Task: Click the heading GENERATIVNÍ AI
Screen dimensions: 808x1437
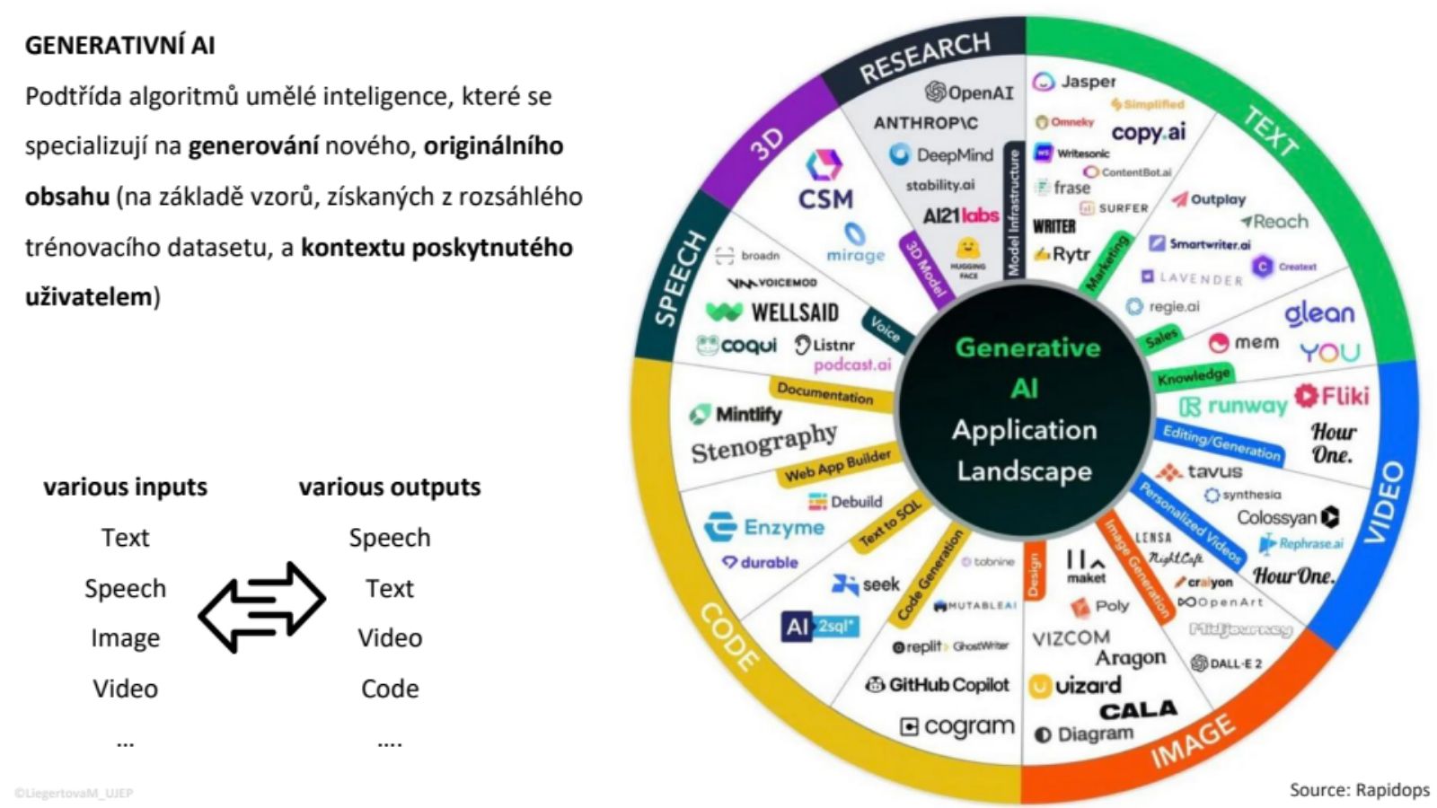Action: coord(119,45)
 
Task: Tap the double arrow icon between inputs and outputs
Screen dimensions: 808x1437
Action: coord(261,606)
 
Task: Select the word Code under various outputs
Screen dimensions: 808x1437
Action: coord(390,689)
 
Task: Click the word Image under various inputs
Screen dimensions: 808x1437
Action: coord(125,638)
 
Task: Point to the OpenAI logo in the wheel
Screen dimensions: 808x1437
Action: coord(970,92)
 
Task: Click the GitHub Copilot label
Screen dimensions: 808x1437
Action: coord(938,685)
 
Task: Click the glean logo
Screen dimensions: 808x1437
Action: coord(1318,313)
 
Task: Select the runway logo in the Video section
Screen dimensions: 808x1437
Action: coord(1234,407)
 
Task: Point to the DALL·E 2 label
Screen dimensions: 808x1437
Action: coord(1226,663)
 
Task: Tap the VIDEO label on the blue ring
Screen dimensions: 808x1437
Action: coord(1383,502)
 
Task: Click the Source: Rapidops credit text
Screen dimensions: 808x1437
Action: coord(1359,790)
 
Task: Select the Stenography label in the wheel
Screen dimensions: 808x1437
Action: coord(763,443)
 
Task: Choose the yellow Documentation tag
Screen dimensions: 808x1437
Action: coord(824,392)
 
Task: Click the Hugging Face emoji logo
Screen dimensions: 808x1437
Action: coord(967,250)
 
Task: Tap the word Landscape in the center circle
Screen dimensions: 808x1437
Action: coord(1024,470)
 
